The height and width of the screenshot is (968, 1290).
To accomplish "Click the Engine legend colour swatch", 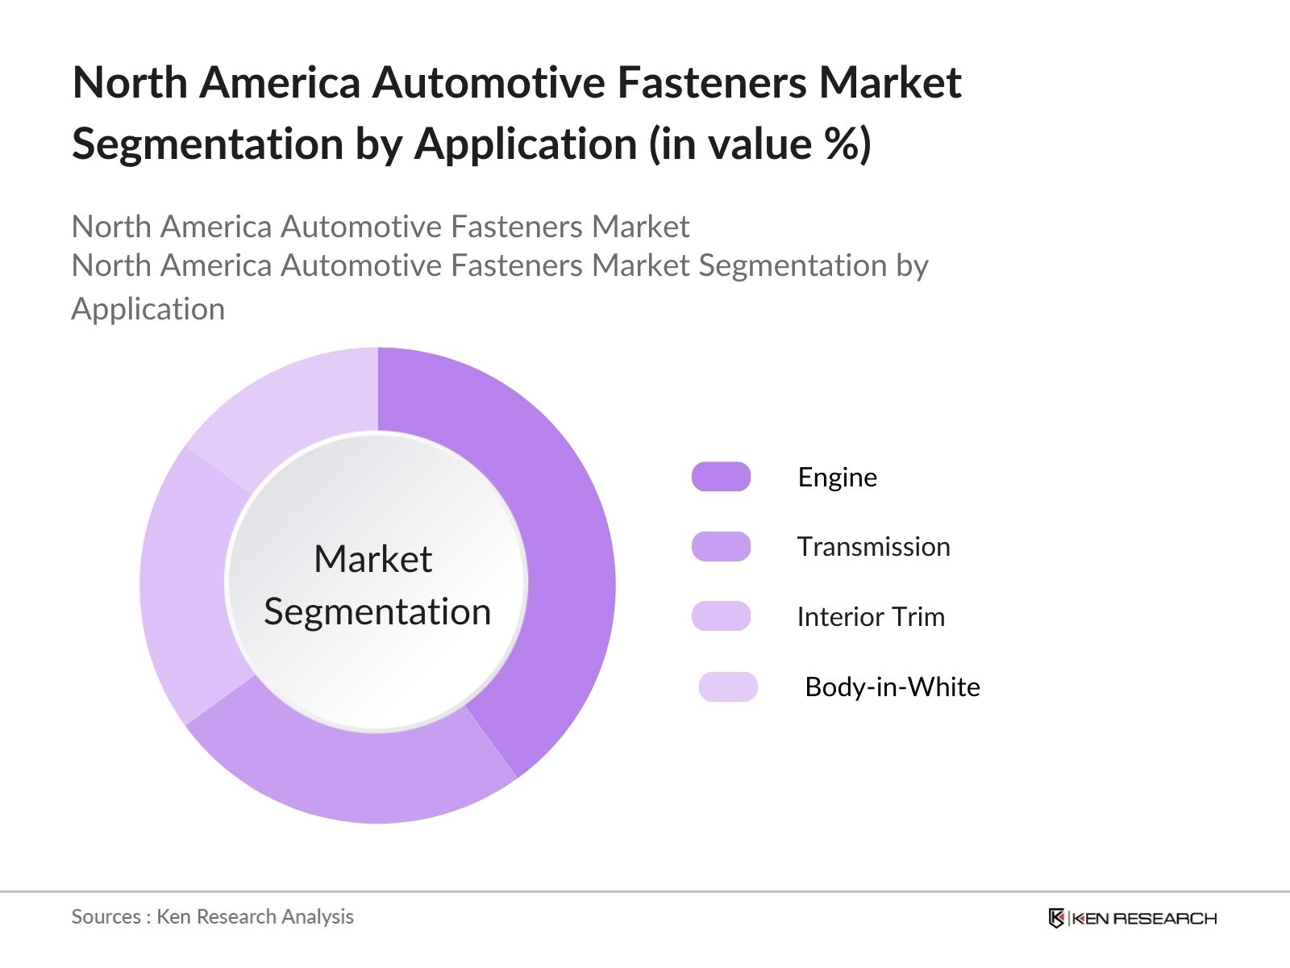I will tap(721, 477).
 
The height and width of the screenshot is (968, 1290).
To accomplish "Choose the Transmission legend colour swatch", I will tap(721, 547).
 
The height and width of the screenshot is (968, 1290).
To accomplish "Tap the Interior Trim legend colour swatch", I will tap(721, 616).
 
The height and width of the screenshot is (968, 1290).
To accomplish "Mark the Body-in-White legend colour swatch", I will tap(728, 686).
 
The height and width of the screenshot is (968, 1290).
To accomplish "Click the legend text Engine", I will tap(837, 477).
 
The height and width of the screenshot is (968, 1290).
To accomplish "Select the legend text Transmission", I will tap(873, 547).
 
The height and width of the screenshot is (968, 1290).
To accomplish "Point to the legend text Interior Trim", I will tap(871, 617).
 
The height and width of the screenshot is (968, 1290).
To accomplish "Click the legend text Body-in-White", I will tap(893, 687).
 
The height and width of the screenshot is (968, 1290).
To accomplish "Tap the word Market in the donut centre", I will tap(372, 559).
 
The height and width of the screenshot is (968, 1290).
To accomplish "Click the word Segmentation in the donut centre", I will tap(377, 611).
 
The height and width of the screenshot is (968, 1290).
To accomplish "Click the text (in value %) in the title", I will tap(760, 144).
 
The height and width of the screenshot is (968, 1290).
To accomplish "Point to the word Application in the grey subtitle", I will tap(148, 310).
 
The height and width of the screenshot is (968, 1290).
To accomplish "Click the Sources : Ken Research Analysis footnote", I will tap(212, 917).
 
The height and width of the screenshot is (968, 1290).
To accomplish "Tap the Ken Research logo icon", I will tap(1056, 918).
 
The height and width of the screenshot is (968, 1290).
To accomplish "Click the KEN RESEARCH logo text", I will tap(1144, 918).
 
